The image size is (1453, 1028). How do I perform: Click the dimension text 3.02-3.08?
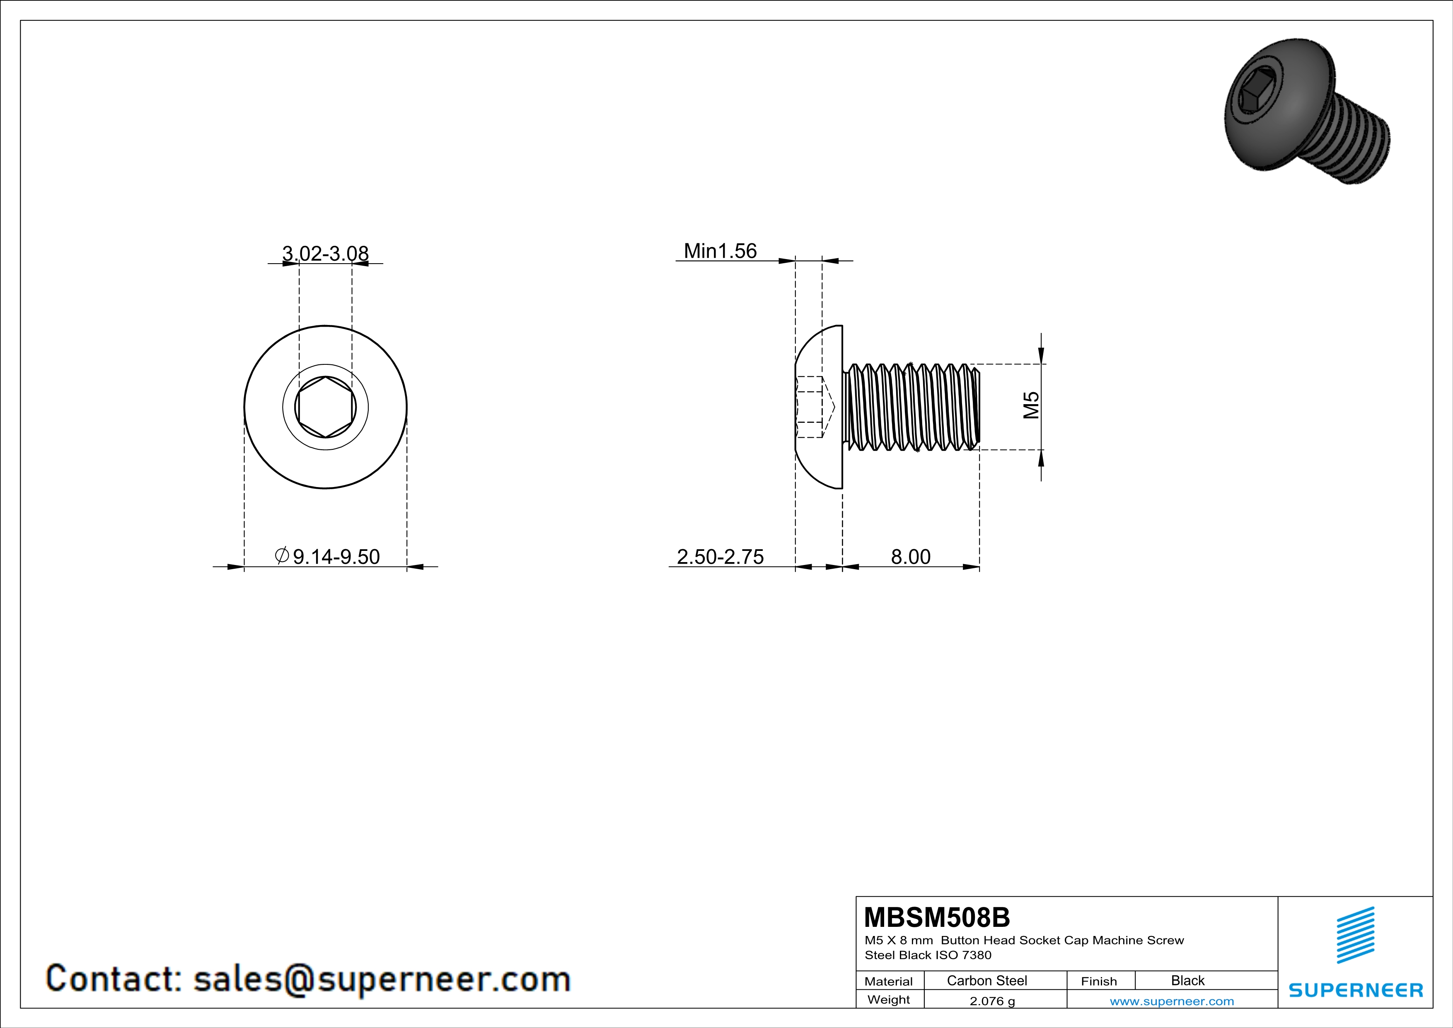pos(325,253)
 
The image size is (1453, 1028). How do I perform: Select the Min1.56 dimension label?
pos(720,251)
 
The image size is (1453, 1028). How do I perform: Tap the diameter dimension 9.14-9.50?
pos(328,556)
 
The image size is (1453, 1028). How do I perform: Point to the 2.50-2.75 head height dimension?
pos(720,556)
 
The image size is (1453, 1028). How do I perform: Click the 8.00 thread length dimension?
pos(911,556)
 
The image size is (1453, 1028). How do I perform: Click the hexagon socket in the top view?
pos(325,407)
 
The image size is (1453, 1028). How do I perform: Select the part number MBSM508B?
pos(937,916)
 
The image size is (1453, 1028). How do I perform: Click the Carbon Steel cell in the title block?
pos(986,980)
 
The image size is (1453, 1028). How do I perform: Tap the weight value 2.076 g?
pos(991,1001)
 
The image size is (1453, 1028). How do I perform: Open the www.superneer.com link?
pos(1171,1001)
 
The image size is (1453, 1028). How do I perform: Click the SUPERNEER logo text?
pos(1356,989)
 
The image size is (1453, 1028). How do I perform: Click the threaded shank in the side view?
pos(911,407)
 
